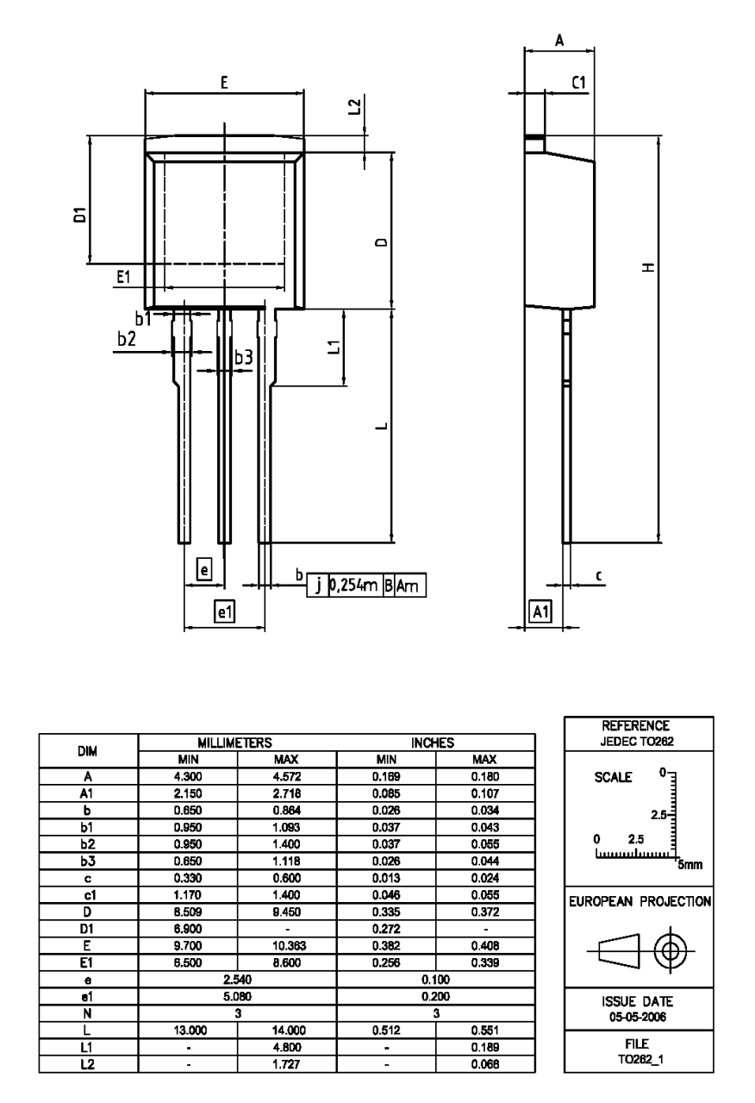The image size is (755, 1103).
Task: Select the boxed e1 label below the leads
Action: tap(224, 611)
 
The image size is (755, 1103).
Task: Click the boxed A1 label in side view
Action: tap(540, 611)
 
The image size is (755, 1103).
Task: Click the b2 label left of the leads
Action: tap(127, 339)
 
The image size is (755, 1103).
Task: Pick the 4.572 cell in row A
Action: tap(287, 777)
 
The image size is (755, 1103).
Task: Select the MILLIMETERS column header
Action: tap(237, 742)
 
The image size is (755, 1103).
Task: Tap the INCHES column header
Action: tap(436, 742)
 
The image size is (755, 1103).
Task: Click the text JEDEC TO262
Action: tap(637, 739)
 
